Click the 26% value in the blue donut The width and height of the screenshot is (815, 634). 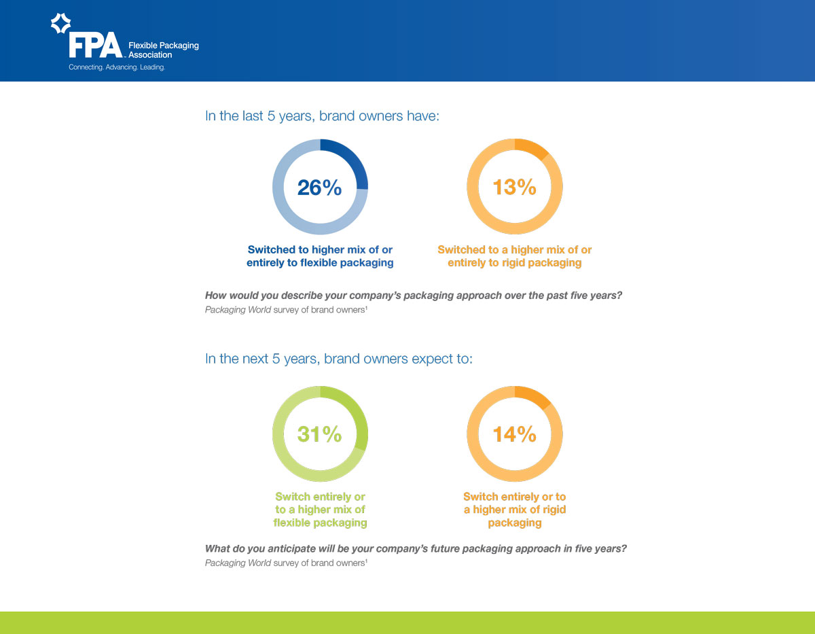(319, 188)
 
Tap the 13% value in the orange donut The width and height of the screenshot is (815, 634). (514, 187)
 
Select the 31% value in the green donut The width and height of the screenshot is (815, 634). (319, 434)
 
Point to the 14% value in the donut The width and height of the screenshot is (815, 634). (514, 434)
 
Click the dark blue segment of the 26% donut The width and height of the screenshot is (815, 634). (352, 160)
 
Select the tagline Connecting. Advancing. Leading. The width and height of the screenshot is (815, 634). (117, 68)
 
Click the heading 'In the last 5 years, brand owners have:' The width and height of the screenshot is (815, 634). (323, 116)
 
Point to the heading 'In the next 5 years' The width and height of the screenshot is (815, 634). (338, 359)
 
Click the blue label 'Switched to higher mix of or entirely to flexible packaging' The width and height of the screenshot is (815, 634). (320, 256)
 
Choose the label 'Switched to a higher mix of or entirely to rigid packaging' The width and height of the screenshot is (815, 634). (514, 256)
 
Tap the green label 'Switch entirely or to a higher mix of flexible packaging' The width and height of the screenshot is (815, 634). (320, 510)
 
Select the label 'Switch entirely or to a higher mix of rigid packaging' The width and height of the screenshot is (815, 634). (514, 510)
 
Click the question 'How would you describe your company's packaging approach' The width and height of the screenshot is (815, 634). (414, 296)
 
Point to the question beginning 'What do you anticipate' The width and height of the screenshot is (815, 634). (416, 549)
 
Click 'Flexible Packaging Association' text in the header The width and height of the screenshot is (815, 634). (163, 50)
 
